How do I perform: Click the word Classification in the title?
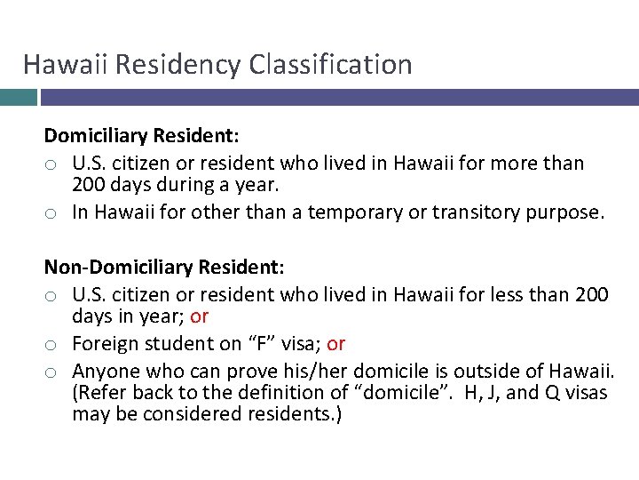(x=331, y=65)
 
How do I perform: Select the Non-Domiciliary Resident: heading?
(x=164, y=266)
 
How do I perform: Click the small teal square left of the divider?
(x=18, y=97)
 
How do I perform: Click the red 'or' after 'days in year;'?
(x=200, y=316)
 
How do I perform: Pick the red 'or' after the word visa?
(x=336, y=343)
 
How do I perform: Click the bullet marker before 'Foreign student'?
(x=52, y=344)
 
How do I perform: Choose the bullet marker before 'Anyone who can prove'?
(x=52, y=371)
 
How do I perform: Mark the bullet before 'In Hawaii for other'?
(x=52, y=213)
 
